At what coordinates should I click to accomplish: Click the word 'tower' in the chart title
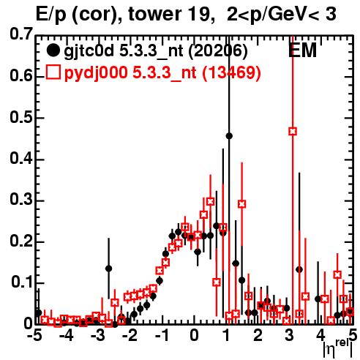coord(154,14)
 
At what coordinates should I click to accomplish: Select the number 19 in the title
coord(198,14)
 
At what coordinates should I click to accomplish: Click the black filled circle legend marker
coord(53,50)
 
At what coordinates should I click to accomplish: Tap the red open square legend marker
coord(53,72)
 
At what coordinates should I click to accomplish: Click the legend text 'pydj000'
coord(96,73)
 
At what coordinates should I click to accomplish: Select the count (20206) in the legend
coord(218,50)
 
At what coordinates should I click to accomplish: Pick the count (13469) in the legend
coord(231,72)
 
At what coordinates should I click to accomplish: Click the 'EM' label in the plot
coord(302,50)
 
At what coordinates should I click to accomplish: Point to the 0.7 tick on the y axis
coord(21,34)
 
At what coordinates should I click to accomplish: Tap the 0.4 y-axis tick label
coord(21,159)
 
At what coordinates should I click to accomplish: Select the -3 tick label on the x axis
coord(98,336)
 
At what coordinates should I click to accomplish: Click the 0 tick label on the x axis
coord(194,336)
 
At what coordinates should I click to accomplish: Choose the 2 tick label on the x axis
coord(258,336)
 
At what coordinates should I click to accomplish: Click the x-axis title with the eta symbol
coord(337,350)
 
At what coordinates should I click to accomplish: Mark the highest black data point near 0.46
coord(229,136)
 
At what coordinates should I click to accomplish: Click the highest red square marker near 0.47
coord(293,132)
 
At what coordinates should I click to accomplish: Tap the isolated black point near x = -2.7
coord(108,269)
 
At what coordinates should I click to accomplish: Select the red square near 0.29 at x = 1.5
coord(241,204)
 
